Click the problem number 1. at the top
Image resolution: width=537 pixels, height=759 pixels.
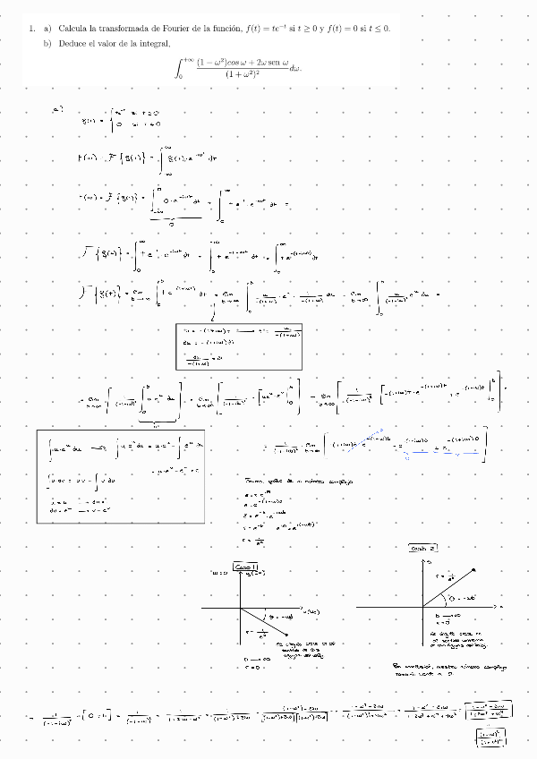point(32,29)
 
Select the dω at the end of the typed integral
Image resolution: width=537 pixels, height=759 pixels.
point(296,67)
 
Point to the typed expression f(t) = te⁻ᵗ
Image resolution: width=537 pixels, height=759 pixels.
point(269,29)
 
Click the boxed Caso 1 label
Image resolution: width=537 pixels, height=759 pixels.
point(245,566)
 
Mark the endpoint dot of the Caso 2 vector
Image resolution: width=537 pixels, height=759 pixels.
point(473,568)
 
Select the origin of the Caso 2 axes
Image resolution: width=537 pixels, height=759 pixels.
point(423,607)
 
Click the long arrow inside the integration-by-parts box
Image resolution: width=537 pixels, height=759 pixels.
point(99,446)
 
